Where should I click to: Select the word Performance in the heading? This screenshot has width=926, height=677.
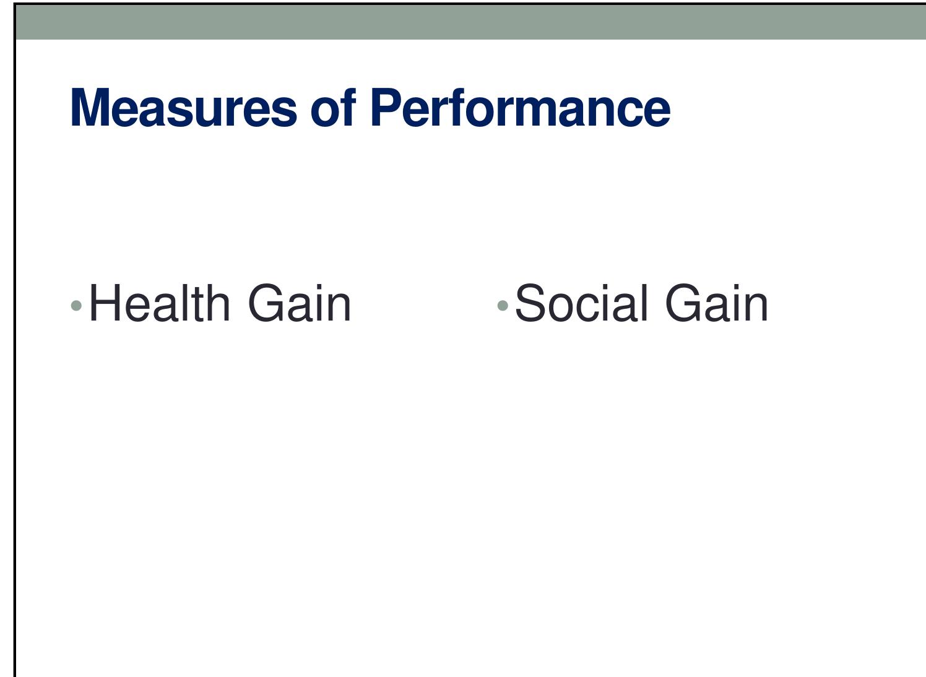[x=520, y=108]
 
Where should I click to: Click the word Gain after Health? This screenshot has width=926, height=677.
[x=300, y=303]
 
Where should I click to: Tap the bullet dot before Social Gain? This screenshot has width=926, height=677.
[x=503, y=305]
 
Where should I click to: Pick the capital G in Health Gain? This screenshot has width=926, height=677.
[x=269, y=303]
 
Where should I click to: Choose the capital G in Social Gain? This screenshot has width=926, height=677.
[x=686, y=303]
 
